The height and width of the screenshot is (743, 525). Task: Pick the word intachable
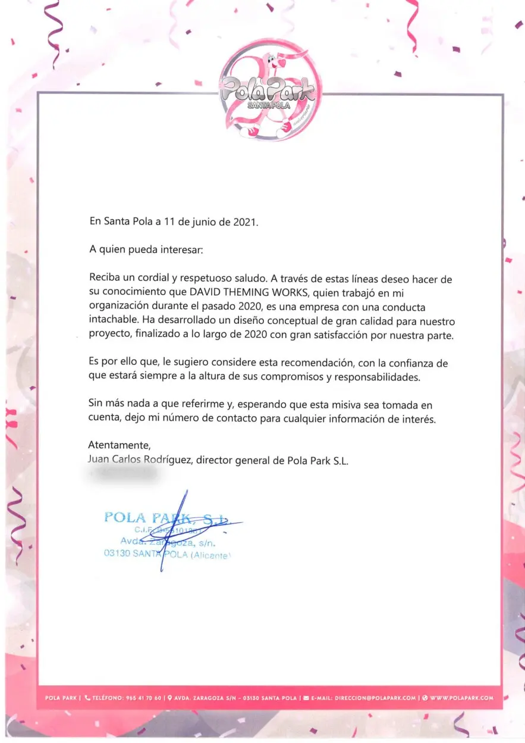pos(114,321)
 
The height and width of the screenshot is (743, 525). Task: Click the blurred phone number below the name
pos(124,473)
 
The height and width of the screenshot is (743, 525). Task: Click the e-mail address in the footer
pos(375,697)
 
